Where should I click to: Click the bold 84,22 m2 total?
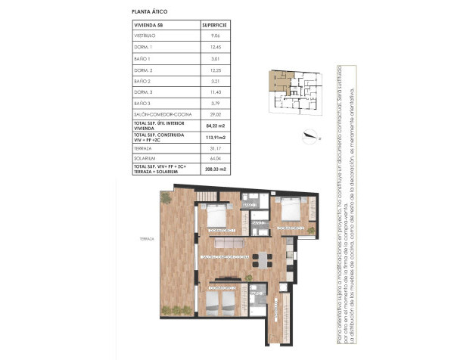pos(217,126)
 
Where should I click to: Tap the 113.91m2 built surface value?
pos(217,138)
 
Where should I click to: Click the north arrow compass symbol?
pos(310,137)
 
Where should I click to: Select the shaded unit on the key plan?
pos(277,81)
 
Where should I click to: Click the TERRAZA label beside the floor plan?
pos(147,239)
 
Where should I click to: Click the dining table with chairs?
pos(263,259)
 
